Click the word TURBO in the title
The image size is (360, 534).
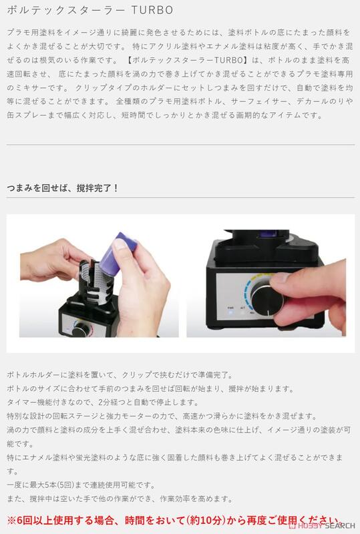point(155,12)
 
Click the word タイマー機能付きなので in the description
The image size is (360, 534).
point(50,402)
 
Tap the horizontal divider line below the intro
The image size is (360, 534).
point(180,145)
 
